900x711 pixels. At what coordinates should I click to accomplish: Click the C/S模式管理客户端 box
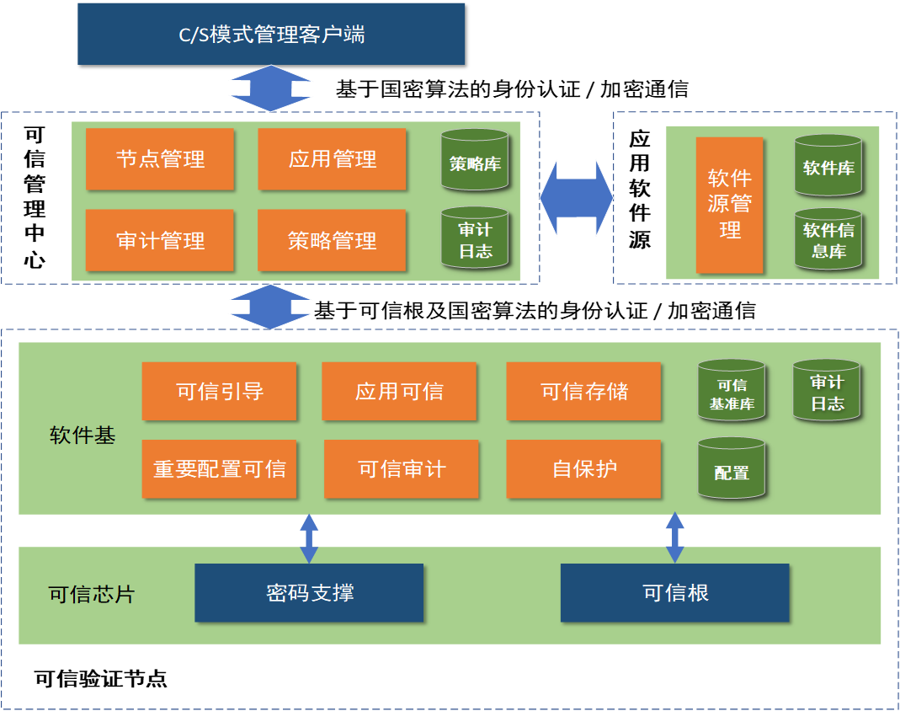[x=270, y=34]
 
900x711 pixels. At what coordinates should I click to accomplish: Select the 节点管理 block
[x=159, y=159]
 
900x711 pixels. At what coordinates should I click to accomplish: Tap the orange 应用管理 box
[x=332, y=159]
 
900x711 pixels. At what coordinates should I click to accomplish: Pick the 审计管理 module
[x=159, y=241]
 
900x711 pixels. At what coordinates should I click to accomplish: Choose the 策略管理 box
[x=332, y=241]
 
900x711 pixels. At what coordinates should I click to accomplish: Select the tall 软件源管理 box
[x=729, y=205]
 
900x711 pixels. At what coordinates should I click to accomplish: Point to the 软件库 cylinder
[x=828, y=166]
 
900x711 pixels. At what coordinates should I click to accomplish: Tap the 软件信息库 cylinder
[x=828, y=240]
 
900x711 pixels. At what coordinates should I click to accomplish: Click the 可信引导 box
[x=219, y=391]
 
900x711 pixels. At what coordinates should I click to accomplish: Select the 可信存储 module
[x=583, y=391]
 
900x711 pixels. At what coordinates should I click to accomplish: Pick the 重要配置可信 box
[x=219, y=469]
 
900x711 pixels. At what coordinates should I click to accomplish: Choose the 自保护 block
[x=583, y=469]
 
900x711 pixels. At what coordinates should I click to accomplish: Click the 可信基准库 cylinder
[x=731, y=392]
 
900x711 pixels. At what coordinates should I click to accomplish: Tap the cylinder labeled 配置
[x=731, y=469]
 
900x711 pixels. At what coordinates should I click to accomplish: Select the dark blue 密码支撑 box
[x=309, y=593]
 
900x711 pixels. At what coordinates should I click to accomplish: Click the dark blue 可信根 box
[x=674, y=593]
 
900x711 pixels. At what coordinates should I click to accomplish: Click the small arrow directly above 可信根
[x=674, y=537]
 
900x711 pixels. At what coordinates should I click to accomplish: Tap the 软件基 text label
[x=83, y=436]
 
